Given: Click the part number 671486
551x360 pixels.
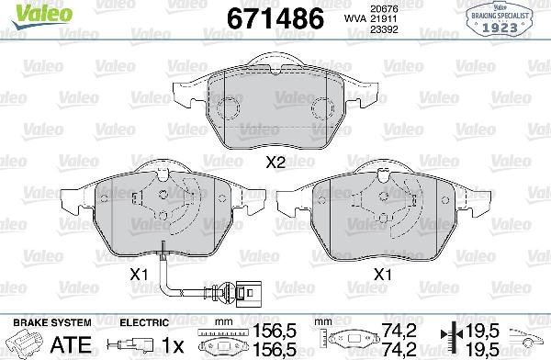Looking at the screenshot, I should point(262,19).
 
